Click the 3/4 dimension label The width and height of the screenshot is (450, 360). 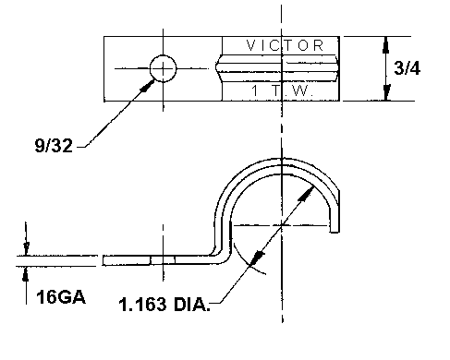[x=407, y=68]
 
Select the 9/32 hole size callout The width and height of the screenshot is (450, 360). [x=54, y=145]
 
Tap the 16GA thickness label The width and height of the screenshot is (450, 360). [x=61, y=297]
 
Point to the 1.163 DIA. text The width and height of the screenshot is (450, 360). [x=164, y=305]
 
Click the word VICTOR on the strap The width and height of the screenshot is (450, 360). [x=285, y=46]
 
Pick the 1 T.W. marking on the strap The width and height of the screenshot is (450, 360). [x=282, y=90]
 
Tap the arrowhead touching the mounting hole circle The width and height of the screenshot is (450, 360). [x=147, y=86]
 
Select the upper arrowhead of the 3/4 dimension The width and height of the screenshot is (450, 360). [x=386, y=44]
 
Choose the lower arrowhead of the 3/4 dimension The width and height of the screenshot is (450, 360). [x=386, y=92]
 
